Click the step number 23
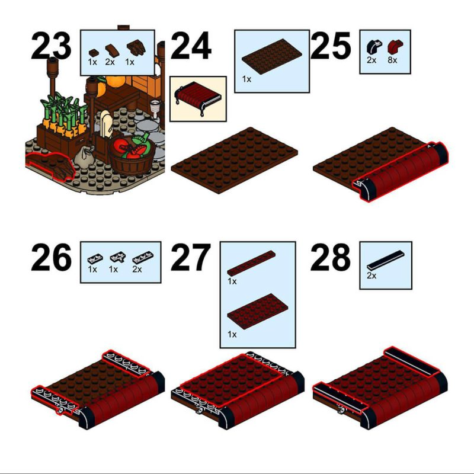(x=51, y=46)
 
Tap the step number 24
(x=191, y=46)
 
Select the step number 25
(x=331, y=46)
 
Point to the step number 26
(x=51, y=258)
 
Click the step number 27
(x=191, y=258)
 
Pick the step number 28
(x=331, y=258)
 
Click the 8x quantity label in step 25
(x=392, y=60)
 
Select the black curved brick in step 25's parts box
(x=374, y=47)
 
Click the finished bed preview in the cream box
(x=198, y=97)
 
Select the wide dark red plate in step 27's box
(x=258, y=311)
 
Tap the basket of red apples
(x=132, y=155)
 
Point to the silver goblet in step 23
(x=155, y=109)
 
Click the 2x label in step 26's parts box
(x=137, y=269)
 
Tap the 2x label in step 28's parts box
(x=371, y=276)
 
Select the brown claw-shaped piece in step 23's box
(x=136, y=48)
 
